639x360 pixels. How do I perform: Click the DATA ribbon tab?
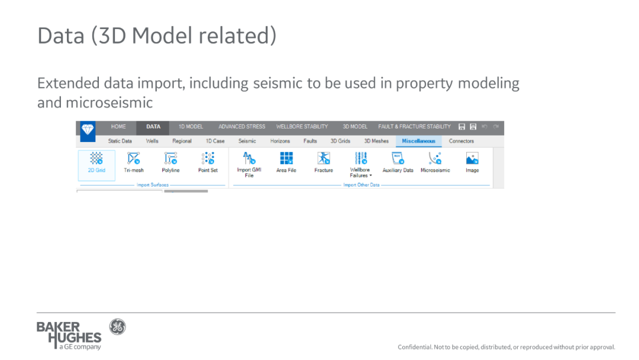point(153,127)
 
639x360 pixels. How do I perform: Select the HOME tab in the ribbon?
point(118,127)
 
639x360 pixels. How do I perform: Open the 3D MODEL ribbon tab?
point(354,127)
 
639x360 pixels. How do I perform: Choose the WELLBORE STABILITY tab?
point(302,127)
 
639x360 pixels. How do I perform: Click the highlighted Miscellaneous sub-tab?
point(418,141)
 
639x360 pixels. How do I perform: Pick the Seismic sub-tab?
point(247,141)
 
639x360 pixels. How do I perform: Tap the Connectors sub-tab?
point(461,141)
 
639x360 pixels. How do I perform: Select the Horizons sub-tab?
point(280,141)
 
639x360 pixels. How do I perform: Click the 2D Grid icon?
point(96,158)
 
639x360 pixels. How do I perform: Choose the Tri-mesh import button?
point(134,158)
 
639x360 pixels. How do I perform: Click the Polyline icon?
point(171,158)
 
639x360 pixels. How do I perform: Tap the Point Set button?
point(208,158)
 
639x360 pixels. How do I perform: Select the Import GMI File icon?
point(249,158)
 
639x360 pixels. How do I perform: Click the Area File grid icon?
point(286,158)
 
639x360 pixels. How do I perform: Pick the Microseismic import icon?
point(435,158)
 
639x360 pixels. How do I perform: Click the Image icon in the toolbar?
point(472,158)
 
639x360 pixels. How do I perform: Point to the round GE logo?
point(117,327)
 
